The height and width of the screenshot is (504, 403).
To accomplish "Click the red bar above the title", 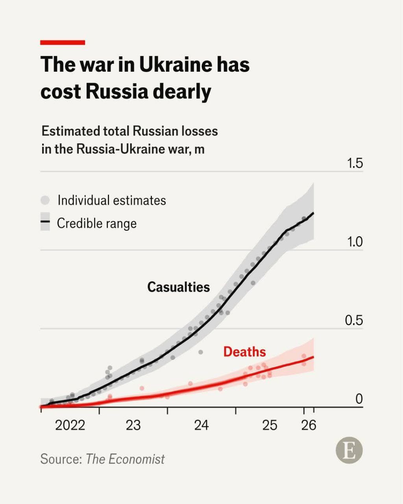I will click(63, 43).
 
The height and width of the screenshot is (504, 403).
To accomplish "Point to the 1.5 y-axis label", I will click(354, 163).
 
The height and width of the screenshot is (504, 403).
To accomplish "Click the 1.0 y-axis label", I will click(354, 242).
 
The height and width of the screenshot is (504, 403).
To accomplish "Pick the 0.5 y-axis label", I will click(354, 321).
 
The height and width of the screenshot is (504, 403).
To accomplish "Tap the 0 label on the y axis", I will click(359, 399).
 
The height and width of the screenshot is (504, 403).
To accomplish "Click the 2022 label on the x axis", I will click(70, 425).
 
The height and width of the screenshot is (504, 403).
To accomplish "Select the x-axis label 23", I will click(133, 425).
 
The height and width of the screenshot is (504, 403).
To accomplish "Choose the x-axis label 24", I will click(201, 425).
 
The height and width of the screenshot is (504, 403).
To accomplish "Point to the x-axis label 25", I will click(270, 425).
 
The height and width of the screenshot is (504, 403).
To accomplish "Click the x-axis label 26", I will click(309, 425).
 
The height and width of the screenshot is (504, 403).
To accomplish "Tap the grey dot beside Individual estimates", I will click(45, 200).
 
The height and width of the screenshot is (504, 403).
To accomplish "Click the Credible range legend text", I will click(97, 223).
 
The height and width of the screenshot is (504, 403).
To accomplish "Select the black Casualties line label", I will click(178, 287).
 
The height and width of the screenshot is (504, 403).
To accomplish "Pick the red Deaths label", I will click(244, 352).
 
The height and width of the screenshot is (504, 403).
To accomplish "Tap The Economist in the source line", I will click(125, 459).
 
